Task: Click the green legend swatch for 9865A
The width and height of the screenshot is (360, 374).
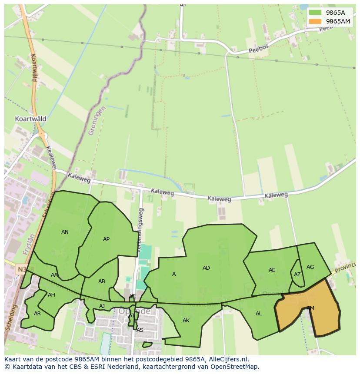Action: (x=315, y=13)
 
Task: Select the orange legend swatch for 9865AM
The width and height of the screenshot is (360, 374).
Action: (x=315, y=21)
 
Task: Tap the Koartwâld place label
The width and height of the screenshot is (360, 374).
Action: (x=30, y=119)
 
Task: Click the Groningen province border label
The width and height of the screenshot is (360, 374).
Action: (x=97, y=120)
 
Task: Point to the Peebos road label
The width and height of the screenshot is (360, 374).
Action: (x=259, y=49)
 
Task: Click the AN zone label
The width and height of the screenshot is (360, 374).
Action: (x=65, y=232)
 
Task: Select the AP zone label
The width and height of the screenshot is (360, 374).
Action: (x=106, y=239)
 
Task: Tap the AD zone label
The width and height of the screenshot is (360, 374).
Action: (x=206, y=268)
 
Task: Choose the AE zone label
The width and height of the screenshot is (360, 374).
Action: (x=272, y=270)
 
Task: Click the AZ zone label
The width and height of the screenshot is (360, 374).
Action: (x=297, y=275)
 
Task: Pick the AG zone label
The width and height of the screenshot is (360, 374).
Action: (x=310, y=267)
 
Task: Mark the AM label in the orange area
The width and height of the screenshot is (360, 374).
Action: (x=310, y=308)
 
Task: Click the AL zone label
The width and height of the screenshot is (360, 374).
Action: (x=259, y=314)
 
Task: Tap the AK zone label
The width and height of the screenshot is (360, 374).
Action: (x=186, y=321)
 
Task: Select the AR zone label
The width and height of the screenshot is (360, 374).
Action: (x=37, y=314)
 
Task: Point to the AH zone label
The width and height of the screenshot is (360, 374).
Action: (x=51, y=295)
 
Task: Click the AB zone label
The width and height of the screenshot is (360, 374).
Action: (x=102, y=281)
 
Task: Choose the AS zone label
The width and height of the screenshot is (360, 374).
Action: (x=140, y=330)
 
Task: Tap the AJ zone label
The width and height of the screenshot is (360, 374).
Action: (x=102, y=306)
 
